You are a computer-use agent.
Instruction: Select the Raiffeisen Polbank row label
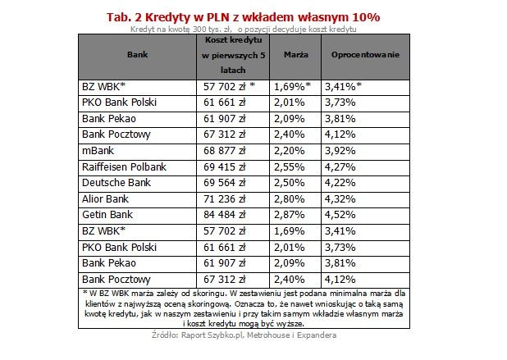pyautogui.click(x=124, y=166)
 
